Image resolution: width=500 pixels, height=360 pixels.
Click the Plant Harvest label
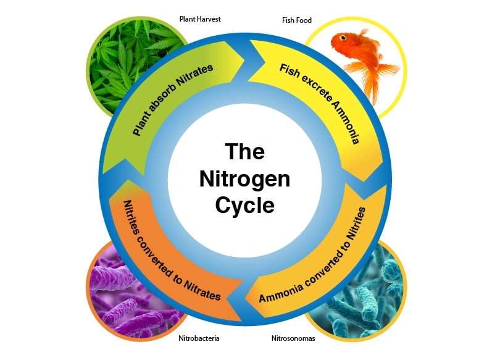click(x=200, y=19)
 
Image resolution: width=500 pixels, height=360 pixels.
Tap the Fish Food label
click(x=296, y=20)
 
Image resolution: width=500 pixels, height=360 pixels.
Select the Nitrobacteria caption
click(x=199, y=338)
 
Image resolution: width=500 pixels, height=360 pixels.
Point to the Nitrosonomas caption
click(x=293, y=338)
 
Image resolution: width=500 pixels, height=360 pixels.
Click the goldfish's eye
click(x=343, y=38)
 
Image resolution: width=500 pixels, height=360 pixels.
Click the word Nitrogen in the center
click(x=244, y=179)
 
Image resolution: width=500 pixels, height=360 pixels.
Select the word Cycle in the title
click(x=244, y=206)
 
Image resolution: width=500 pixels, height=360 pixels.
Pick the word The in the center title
click(x=244, y=152)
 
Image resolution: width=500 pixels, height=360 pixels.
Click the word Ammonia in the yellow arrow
click(x=346, y=123)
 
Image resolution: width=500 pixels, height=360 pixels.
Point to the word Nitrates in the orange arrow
click(x=202, y=289)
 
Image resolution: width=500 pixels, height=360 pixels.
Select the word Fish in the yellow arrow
click(x=290, y=71)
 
